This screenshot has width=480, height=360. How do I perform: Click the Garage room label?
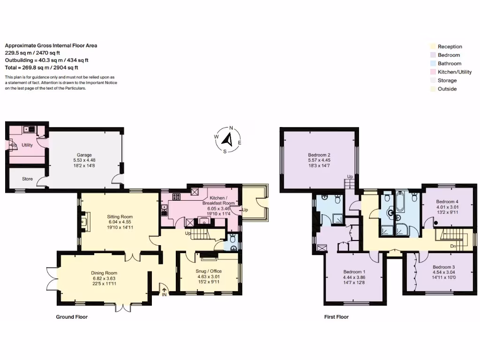[84, 155]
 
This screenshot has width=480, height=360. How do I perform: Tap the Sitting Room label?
[120, 217]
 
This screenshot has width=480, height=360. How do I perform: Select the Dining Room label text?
[104, 273]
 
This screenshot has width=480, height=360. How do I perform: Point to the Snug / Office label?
[209, 271]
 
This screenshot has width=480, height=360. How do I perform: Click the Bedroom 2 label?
[319, 155]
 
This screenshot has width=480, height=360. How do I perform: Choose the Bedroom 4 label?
[447, 202]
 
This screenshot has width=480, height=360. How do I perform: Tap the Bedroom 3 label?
[443, 267]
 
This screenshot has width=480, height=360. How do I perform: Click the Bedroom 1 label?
[354, 271]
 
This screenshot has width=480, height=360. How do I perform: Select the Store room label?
[27, 179]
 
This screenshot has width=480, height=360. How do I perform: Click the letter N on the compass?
[231, 128]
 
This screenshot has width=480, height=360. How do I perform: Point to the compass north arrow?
[227, 139]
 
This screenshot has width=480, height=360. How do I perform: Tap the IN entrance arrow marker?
[164, 290]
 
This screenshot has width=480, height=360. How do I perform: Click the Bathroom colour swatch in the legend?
[433, 63]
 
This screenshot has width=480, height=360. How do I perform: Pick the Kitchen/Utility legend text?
[455, 72]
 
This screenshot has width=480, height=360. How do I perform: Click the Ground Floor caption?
[72, 317]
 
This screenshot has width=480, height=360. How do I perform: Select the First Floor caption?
[337, 317]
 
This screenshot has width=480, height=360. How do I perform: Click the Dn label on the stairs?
[453, 246]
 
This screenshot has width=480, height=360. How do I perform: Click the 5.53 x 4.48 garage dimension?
[84, 160]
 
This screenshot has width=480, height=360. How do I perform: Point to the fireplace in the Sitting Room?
[85, 221]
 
